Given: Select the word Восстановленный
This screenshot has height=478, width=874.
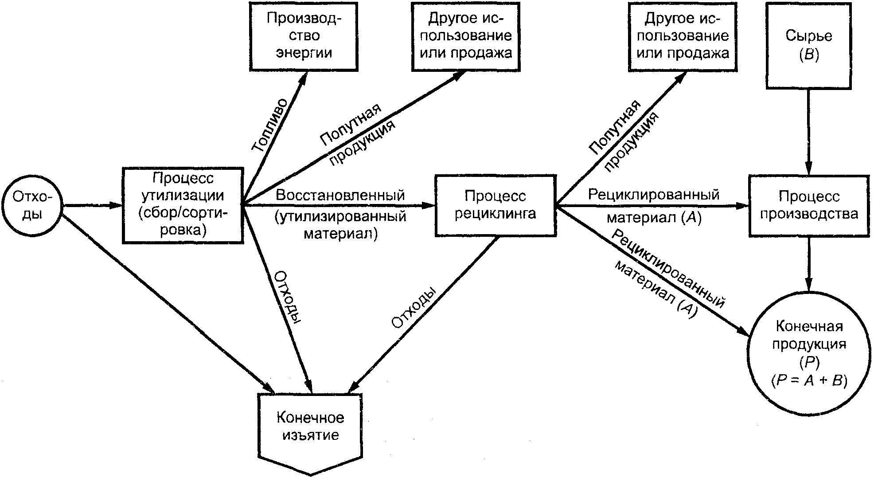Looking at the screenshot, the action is (x=340, y=195).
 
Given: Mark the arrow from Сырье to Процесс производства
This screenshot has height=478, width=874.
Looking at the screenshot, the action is (x=809, y=132).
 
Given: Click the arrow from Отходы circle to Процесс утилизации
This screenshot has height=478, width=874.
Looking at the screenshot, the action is (x=92, y=205).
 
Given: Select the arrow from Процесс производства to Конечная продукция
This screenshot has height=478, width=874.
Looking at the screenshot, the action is (x=809, y=264).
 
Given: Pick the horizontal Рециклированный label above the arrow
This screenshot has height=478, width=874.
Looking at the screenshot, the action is (x=654, y=195).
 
